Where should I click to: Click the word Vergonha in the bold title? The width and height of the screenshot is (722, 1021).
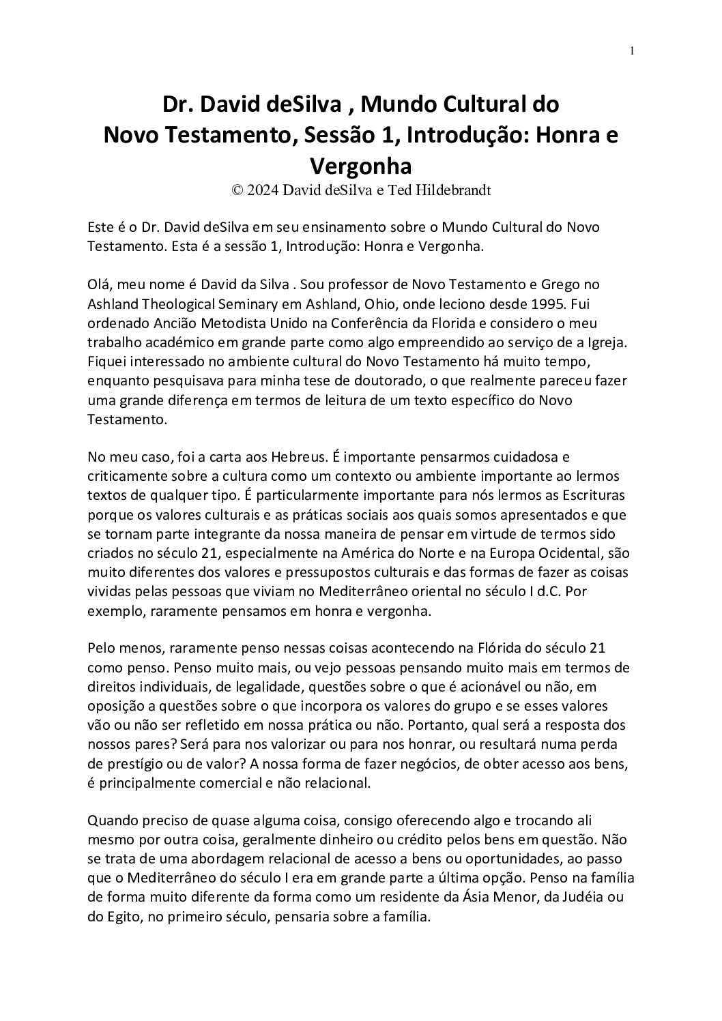point(360,166)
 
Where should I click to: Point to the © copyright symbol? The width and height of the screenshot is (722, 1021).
point(237,191)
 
